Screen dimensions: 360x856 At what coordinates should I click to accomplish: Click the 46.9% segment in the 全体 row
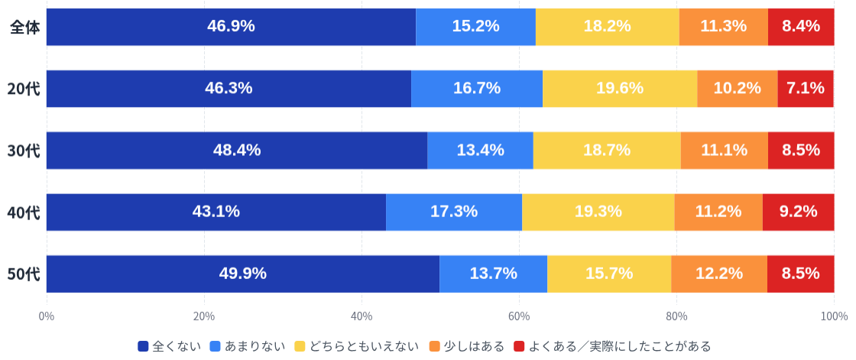[x=231, y=27]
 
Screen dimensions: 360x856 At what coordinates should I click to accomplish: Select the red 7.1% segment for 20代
[x=806, y=89]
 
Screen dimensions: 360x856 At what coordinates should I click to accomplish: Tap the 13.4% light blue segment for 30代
[x=480, y=151]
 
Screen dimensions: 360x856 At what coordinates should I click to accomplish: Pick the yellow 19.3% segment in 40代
[x=598, y=212]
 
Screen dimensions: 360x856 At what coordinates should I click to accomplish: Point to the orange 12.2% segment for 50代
[x=718, y=274]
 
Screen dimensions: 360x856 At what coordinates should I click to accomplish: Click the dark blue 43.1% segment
[x=216, y=212]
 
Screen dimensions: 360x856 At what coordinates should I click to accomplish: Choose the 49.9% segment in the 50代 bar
[x=243, y=274]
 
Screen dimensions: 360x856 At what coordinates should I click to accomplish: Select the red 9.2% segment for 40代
[x=798, y=212]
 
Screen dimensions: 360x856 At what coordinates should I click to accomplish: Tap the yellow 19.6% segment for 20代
[x=619, y=89]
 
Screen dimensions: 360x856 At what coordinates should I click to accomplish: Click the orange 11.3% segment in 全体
[x=723, y=27]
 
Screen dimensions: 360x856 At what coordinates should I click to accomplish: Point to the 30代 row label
[x=23, y=151]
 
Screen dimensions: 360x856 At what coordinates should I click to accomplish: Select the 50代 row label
[x=23, y=274]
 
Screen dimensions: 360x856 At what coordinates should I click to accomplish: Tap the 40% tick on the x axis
[x=362, y=316]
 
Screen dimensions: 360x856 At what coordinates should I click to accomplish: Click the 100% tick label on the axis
[x=833, y=316]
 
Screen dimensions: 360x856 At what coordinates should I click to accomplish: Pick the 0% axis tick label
[x=47, y=316]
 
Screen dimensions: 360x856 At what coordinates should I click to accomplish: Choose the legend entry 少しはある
[x=474, y=346]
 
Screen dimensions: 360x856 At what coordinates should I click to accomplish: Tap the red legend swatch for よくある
[x=519, y=346]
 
